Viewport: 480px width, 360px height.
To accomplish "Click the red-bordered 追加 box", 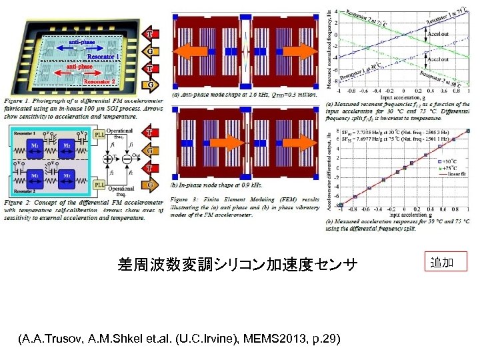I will pyautogui.click(x=448, y=262).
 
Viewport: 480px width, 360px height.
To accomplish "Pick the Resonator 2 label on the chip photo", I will pyautogui.click(x=100, y=82).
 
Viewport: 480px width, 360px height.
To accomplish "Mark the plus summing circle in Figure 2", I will pyautogui.click(x=106, y=160).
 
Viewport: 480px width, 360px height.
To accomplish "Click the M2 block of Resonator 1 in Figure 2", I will pyautogui.click(x=67, y=146).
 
